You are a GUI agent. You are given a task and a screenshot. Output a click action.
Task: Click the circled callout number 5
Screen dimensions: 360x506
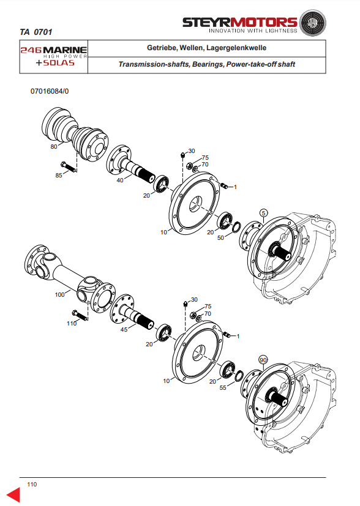264,213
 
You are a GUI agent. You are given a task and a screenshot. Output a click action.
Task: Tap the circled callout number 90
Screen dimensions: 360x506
263,360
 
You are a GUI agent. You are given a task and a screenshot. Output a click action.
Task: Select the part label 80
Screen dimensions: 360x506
54,146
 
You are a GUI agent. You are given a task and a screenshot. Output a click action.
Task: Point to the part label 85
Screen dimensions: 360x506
59,176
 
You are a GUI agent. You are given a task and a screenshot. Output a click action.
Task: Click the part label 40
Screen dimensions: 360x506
120,180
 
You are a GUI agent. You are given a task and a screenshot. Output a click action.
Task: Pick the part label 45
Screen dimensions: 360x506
124,329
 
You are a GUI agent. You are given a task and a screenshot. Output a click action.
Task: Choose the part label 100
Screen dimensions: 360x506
60,295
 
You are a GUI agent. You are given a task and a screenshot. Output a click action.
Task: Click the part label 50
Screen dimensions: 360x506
220,238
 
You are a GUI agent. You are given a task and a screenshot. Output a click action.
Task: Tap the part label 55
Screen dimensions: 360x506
223,387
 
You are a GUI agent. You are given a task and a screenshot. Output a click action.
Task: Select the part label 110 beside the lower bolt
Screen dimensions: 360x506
72,323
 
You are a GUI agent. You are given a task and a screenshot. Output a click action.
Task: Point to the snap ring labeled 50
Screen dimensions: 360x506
236,226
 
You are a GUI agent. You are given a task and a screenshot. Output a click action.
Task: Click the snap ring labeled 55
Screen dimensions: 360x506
239,376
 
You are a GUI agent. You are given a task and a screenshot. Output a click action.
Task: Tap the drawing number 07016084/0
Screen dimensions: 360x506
50,91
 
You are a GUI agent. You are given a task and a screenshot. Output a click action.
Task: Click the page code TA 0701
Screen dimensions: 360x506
36,32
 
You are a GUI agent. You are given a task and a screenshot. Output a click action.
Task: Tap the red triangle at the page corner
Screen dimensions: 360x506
13,495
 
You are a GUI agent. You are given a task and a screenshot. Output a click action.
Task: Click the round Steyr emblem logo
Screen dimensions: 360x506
312,23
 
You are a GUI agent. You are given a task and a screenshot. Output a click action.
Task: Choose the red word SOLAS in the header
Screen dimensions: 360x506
59,62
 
